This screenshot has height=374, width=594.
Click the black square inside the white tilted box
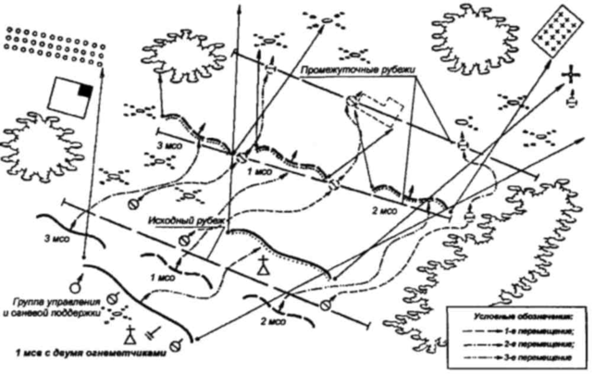(85, 91)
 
